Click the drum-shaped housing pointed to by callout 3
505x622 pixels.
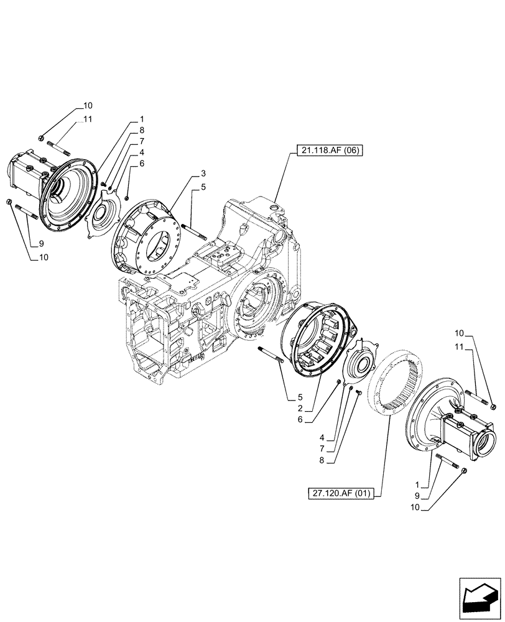pyautogui.click(x=150, y=234)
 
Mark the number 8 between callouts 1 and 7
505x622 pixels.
pyautogui.click(x=142, y=130)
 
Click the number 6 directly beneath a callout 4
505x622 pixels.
pyautogui.click(x=142, y=164)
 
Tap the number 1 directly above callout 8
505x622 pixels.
pyautogui.click(x=142, y=119)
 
